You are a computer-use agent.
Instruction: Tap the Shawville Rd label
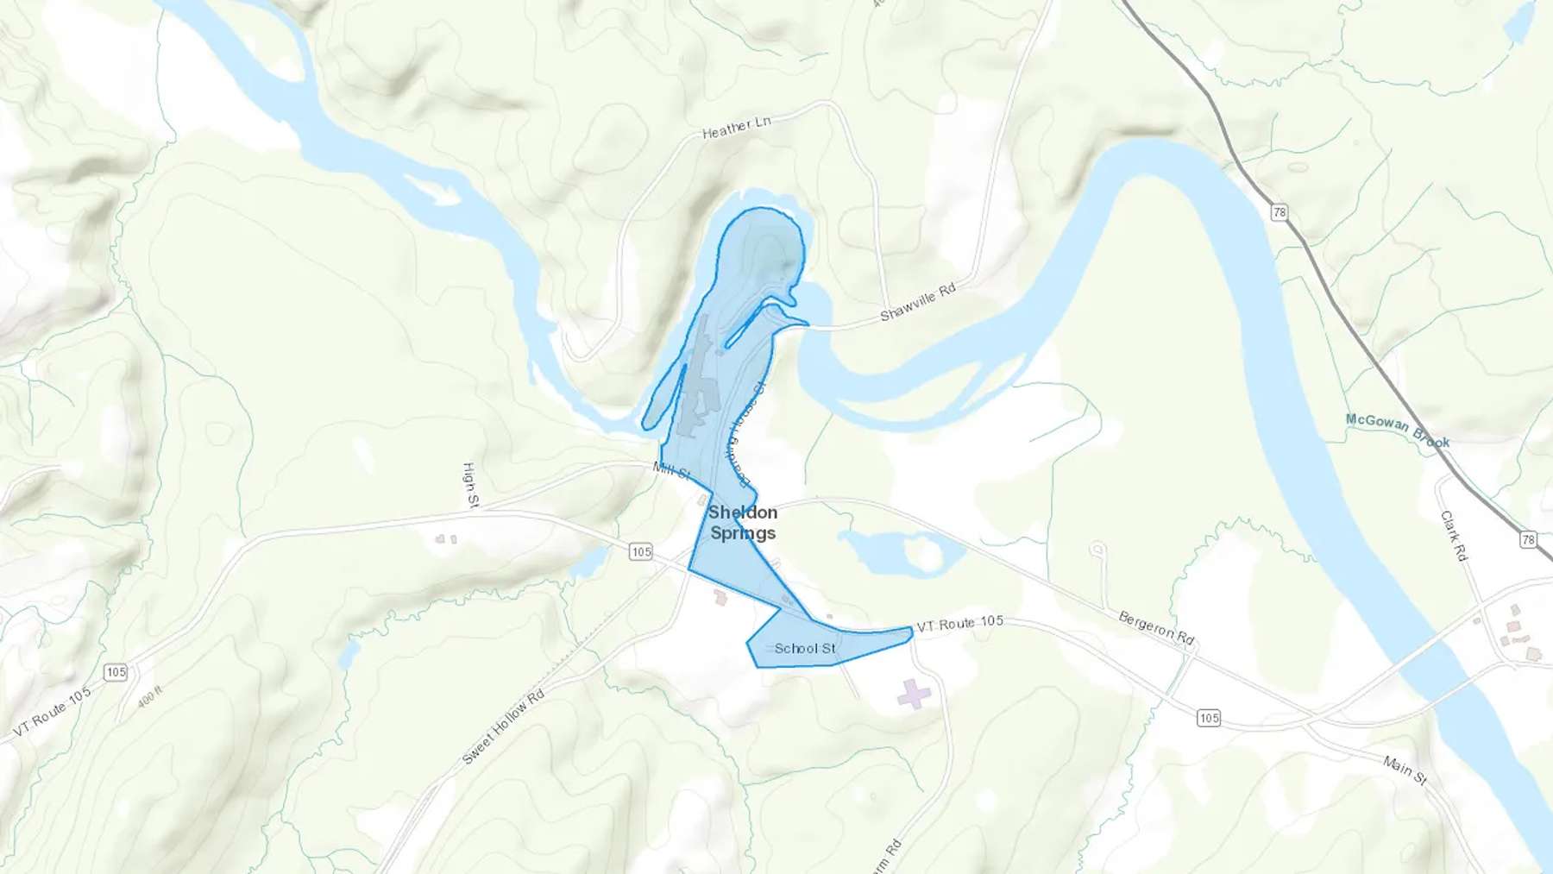pos(918,302)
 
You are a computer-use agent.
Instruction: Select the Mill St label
pos(672,471)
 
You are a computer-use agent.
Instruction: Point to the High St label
pos(470,484)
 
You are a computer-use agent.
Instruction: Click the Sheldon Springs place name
pos(743,523)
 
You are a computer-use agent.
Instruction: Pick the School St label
pos(805,648)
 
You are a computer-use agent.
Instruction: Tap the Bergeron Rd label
pos(1156,627)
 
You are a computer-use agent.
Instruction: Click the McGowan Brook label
pos(1398,430)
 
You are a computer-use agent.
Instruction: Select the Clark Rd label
pos(1454,535)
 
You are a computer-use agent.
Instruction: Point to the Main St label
pos(1405,770)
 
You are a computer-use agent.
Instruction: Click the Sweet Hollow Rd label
pos(503,726)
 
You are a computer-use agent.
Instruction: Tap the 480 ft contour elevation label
pos(150,696)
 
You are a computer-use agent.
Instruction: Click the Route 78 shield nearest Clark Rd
pos(1528,540)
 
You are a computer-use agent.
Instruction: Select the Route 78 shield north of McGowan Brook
pos(1279,212)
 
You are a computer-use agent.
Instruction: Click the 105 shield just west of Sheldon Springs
pos(640,552)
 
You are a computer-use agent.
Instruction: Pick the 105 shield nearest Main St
pos(1209,718)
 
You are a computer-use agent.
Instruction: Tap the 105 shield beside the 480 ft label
pos(116,672)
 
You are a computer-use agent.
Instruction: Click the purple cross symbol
pos(914,694)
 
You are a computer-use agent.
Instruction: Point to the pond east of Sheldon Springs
pos(897,552)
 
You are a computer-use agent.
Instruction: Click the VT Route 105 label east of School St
pos(959,623)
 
